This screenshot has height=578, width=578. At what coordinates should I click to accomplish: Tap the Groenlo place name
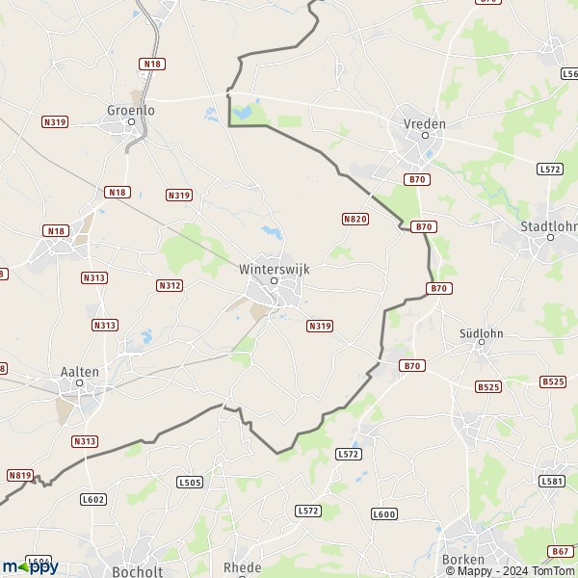coord(130,110)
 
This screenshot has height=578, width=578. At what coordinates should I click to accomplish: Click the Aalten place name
coord(78,372)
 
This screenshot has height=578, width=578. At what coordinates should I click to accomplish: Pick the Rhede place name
coord(242,567)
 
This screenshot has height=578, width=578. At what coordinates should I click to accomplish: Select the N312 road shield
coord(169,285)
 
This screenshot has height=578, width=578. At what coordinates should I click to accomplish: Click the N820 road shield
coord(355,220)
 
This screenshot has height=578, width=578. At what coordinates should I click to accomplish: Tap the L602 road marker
coord(93,498)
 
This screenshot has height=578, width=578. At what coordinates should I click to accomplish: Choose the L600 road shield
coord(383,514)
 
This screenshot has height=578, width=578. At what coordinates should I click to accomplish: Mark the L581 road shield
coord(552,481)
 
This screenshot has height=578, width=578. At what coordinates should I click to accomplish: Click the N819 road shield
coord(19,475)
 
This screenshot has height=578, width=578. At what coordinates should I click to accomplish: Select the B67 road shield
coord(561,551)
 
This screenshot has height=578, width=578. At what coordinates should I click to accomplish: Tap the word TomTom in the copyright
coord(554,570)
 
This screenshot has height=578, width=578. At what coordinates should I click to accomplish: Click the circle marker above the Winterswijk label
coord(274,281)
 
